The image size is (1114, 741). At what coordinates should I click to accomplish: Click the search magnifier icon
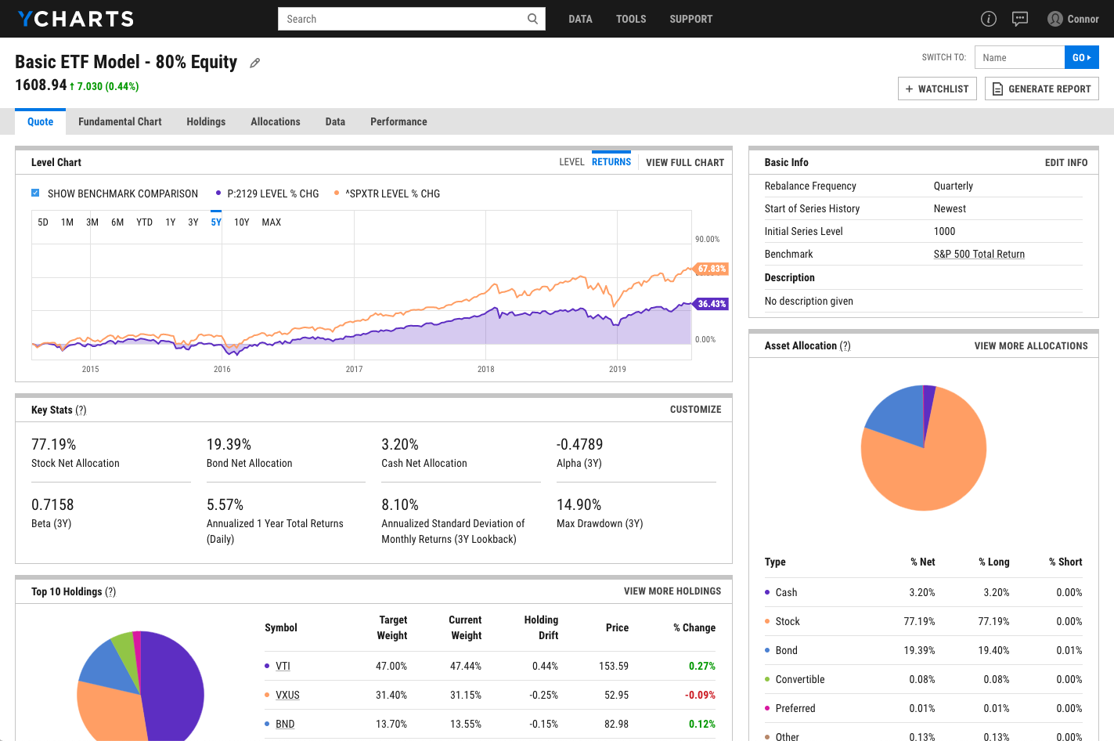point(532,19)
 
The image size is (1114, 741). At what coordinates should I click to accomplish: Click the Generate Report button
point(1041,89)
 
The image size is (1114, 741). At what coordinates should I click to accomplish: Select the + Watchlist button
point(937,89)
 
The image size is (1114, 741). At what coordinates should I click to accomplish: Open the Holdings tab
point(206,121)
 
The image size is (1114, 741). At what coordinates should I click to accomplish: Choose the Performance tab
point(398,121)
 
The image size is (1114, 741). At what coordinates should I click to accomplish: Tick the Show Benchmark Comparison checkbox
point(35,193)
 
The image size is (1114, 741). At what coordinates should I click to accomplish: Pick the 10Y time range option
point(241,222)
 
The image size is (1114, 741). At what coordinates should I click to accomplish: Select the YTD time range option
point(144,222)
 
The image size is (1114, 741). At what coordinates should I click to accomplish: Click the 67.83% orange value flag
point(712,269)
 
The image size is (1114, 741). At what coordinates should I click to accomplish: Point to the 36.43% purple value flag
point(712,304)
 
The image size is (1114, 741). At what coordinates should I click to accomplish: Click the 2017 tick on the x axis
point(354,369)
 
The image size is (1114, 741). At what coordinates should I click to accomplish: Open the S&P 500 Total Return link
point(979,254)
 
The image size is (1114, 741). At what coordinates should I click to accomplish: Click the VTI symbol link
point(283,666)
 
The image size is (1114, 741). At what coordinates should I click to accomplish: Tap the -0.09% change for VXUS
point(700,695)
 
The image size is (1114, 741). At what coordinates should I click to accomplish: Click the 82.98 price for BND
point(616,724)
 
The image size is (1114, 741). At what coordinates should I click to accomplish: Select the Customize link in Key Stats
point(695,410)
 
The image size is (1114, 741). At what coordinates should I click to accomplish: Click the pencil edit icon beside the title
point(254,63)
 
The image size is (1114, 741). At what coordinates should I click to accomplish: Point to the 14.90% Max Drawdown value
point(579,504)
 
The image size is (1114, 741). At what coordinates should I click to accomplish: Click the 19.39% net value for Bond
point(919,650)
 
